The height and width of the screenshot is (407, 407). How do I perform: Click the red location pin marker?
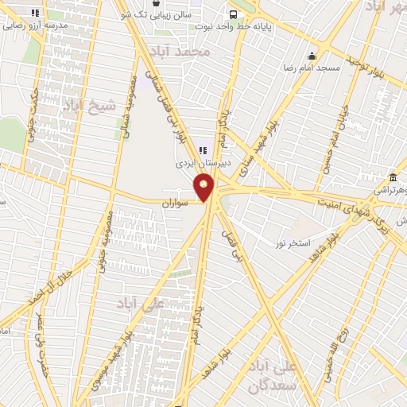tap(204, 188)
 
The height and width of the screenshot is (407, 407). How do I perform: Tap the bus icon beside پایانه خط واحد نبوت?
tap(233, 14)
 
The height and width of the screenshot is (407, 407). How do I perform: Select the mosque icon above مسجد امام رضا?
tap(312, 56)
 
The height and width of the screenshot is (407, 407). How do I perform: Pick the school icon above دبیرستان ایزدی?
tap(201, 147)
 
